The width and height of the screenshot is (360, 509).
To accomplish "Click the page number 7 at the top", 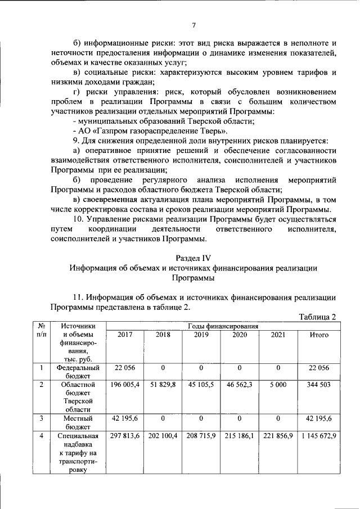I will [193, 24].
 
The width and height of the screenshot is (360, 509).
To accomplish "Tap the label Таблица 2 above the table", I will [317, 317].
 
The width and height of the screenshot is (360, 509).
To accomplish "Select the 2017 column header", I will [125, 335].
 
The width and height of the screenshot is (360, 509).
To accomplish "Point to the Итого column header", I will [319, 335].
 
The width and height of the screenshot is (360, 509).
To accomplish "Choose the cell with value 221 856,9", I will [278, 436].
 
